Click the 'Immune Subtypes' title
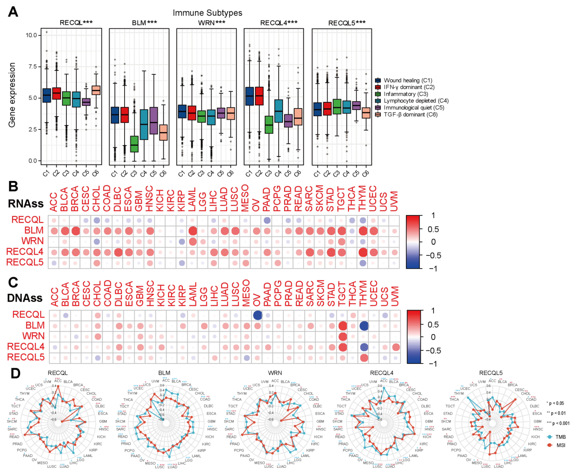click(x=207, y=13)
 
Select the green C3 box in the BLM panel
click(x=134, y=144)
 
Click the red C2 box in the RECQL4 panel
click(x=259, y=96)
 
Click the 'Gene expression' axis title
click(x=12, y=95)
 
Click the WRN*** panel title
click(x=211, y=23)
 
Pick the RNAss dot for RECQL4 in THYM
click(x=363, y=252)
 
